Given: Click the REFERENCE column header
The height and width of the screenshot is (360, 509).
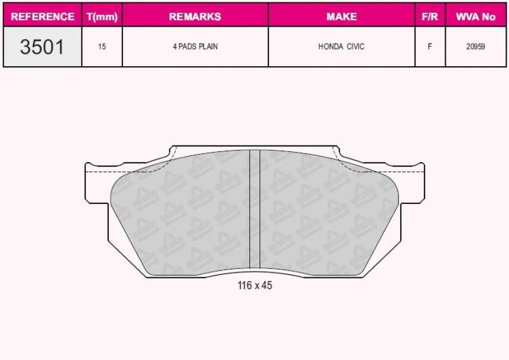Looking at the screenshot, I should (43, 17).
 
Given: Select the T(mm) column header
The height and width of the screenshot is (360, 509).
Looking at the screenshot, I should (102, 17).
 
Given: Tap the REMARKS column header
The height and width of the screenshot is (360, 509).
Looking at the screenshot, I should (195, 17).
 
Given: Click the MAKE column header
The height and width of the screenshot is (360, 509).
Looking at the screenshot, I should (342, 17).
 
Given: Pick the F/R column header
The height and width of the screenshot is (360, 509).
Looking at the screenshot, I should (430, 17).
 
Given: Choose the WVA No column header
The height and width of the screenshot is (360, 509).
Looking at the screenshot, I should (475, 17).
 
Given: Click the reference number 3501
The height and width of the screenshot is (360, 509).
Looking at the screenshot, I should (42, 47).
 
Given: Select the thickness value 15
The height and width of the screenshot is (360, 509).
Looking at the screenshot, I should (102, 47).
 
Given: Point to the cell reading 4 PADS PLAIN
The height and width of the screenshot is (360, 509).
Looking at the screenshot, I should (195, 47).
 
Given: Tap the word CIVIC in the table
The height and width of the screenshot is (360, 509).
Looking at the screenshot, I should (355, 47).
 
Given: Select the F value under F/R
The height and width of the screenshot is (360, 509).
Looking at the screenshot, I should (430, 47).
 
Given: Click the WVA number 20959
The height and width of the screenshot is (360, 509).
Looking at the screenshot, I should (475, 47).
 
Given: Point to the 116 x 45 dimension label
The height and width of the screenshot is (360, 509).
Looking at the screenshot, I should (255, 286).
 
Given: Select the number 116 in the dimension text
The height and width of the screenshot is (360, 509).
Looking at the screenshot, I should (244, 286).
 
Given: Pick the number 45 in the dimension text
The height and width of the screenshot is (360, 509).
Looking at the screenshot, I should (267, 286).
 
